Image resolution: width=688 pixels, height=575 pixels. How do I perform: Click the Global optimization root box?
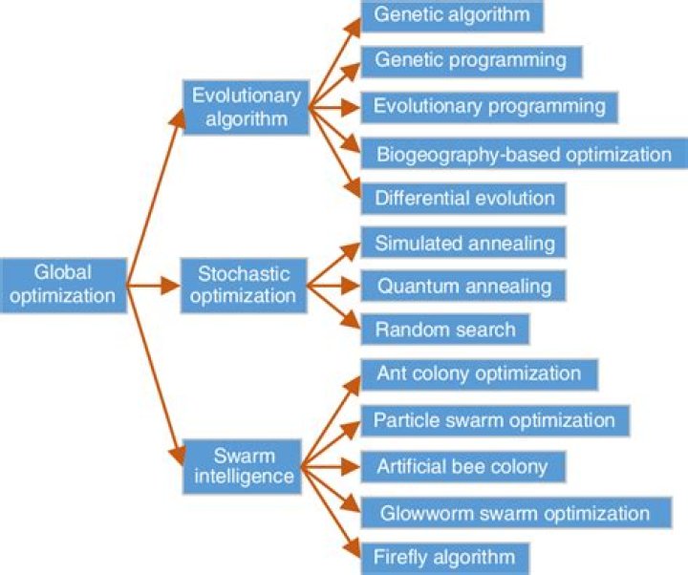tap(63, 284)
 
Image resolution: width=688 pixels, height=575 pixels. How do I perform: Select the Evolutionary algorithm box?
tap(246, 107)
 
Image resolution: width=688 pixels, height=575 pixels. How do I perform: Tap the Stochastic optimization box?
tap(243, 285)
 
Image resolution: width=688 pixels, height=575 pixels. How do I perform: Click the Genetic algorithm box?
tap(452, 16)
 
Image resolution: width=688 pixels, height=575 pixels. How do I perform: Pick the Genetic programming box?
tap(470, 60)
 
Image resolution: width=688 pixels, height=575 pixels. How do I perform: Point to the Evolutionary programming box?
tap(489, 105)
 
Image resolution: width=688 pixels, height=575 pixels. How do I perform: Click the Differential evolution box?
tap(464, 199)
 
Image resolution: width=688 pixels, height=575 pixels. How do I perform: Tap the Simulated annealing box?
tap(464, 243)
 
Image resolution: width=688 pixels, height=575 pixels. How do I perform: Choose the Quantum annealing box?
tap(463, 286)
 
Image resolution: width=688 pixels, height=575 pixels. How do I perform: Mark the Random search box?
tap(444, 330)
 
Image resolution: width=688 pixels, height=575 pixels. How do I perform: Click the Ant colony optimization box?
tap(479, 373)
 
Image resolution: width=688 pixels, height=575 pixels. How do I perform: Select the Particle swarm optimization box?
tap(494, 420)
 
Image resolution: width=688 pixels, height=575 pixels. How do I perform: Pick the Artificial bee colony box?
tap(463, 467)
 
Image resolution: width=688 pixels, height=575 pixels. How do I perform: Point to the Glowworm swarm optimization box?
tap(512, 513)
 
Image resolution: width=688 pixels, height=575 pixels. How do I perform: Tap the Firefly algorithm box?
tap(445, 557)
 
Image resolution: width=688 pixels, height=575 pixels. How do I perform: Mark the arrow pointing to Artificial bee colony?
tap(334, 467)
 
